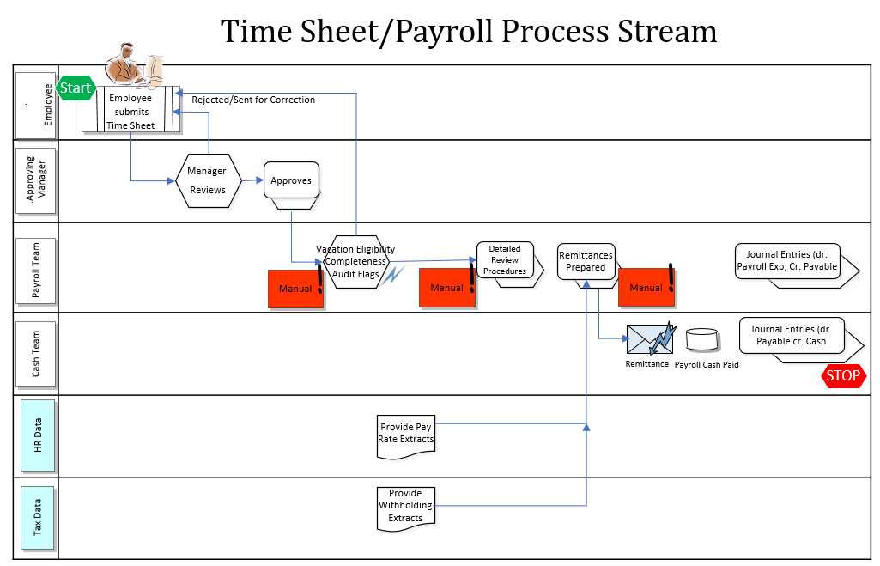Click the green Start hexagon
coord(75,88)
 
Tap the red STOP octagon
coord(843,375)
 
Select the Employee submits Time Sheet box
coord(131,110)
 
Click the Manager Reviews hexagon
coord(208,180)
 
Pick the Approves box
coord(291,182)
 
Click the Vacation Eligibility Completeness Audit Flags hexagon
coord(355,262)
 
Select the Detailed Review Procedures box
coord(505,261)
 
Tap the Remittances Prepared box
coord(586,262)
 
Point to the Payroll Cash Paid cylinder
coord(702,339)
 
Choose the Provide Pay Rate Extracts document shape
coord(406,433)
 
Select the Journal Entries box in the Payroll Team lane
coord(787,262)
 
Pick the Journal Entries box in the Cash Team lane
coord(791,336)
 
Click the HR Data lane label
coord(37,435)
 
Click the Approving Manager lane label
coord(37,181)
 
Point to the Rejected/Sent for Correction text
coord(253,100)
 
